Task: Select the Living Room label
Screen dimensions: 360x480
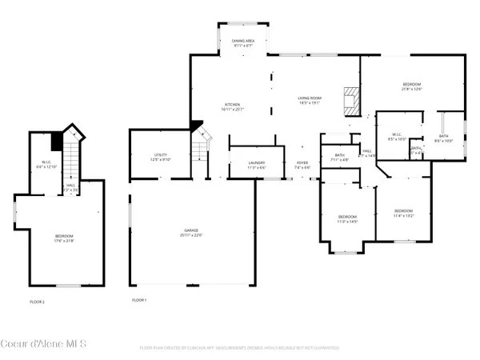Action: (309, 100)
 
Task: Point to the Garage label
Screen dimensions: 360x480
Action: (192, 233)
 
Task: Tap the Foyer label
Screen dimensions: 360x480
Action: (302, 165)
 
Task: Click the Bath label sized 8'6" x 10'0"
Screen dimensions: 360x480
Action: (444, 138)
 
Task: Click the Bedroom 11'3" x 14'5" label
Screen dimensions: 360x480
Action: (347, 219)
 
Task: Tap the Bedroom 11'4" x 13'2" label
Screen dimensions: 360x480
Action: (403, 214)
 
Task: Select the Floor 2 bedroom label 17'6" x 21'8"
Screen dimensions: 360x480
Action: (64, 238)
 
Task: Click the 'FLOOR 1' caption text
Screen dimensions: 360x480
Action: (140, 300)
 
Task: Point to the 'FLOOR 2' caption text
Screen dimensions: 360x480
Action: (37, 301)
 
